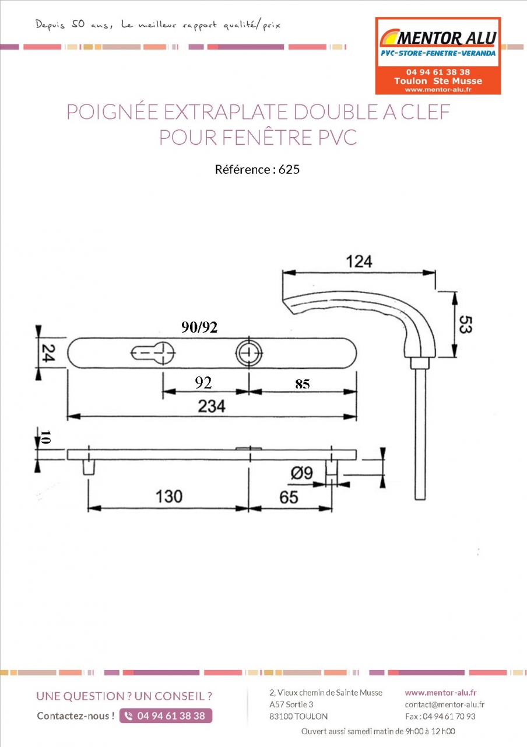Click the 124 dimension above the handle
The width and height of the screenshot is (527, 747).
359,262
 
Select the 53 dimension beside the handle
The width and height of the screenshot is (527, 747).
465,324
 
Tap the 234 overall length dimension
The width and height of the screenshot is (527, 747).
212,406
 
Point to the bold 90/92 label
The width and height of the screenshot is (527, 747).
199,327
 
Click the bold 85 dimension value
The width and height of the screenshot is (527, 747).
303,384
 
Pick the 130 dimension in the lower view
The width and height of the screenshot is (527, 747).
169,496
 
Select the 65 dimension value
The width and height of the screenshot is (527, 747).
289,497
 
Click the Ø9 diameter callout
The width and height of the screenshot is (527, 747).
302,473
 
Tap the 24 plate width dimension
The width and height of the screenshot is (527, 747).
48,353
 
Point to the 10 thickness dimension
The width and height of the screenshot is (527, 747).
45,437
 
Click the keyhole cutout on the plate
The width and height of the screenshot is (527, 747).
153,353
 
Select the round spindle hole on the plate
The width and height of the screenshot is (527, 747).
249,353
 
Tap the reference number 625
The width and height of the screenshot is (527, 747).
289,169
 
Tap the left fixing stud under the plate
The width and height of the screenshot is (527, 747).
89,467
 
